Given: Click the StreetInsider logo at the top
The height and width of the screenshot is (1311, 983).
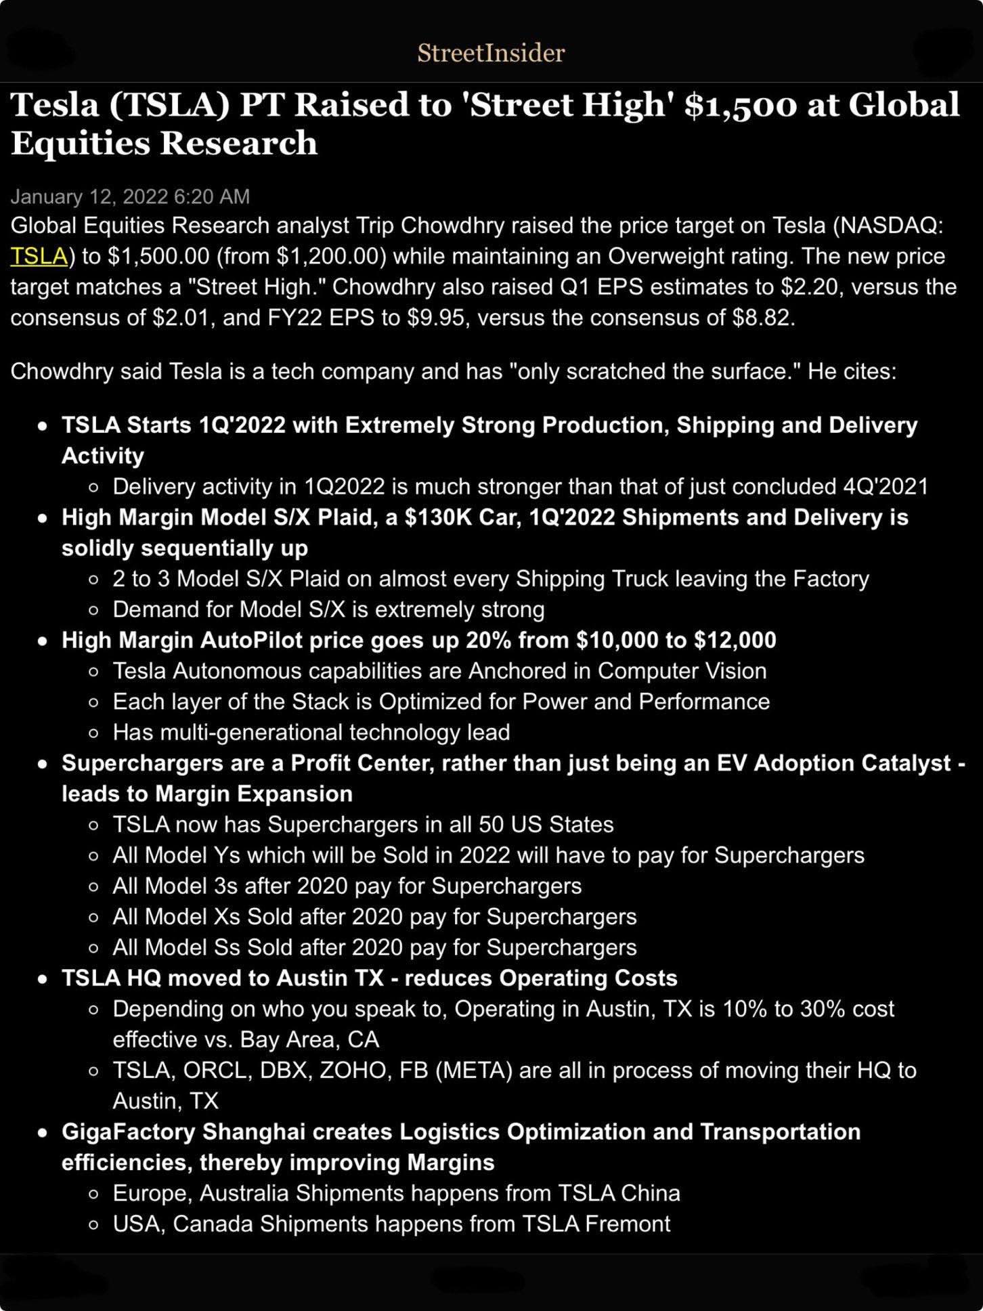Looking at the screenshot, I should point(491,53).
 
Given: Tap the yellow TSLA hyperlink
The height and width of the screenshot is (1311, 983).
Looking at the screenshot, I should point(39,256).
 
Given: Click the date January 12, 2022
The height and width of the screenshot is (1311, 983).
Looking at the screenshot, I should point(89,196).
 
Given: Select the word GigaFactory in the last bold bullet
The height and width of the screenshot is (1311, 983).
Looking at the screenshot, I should point(129,1132).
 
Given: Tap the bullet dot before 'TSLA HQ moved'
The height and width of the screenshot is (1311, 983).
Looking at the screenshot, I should point(43,979).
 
